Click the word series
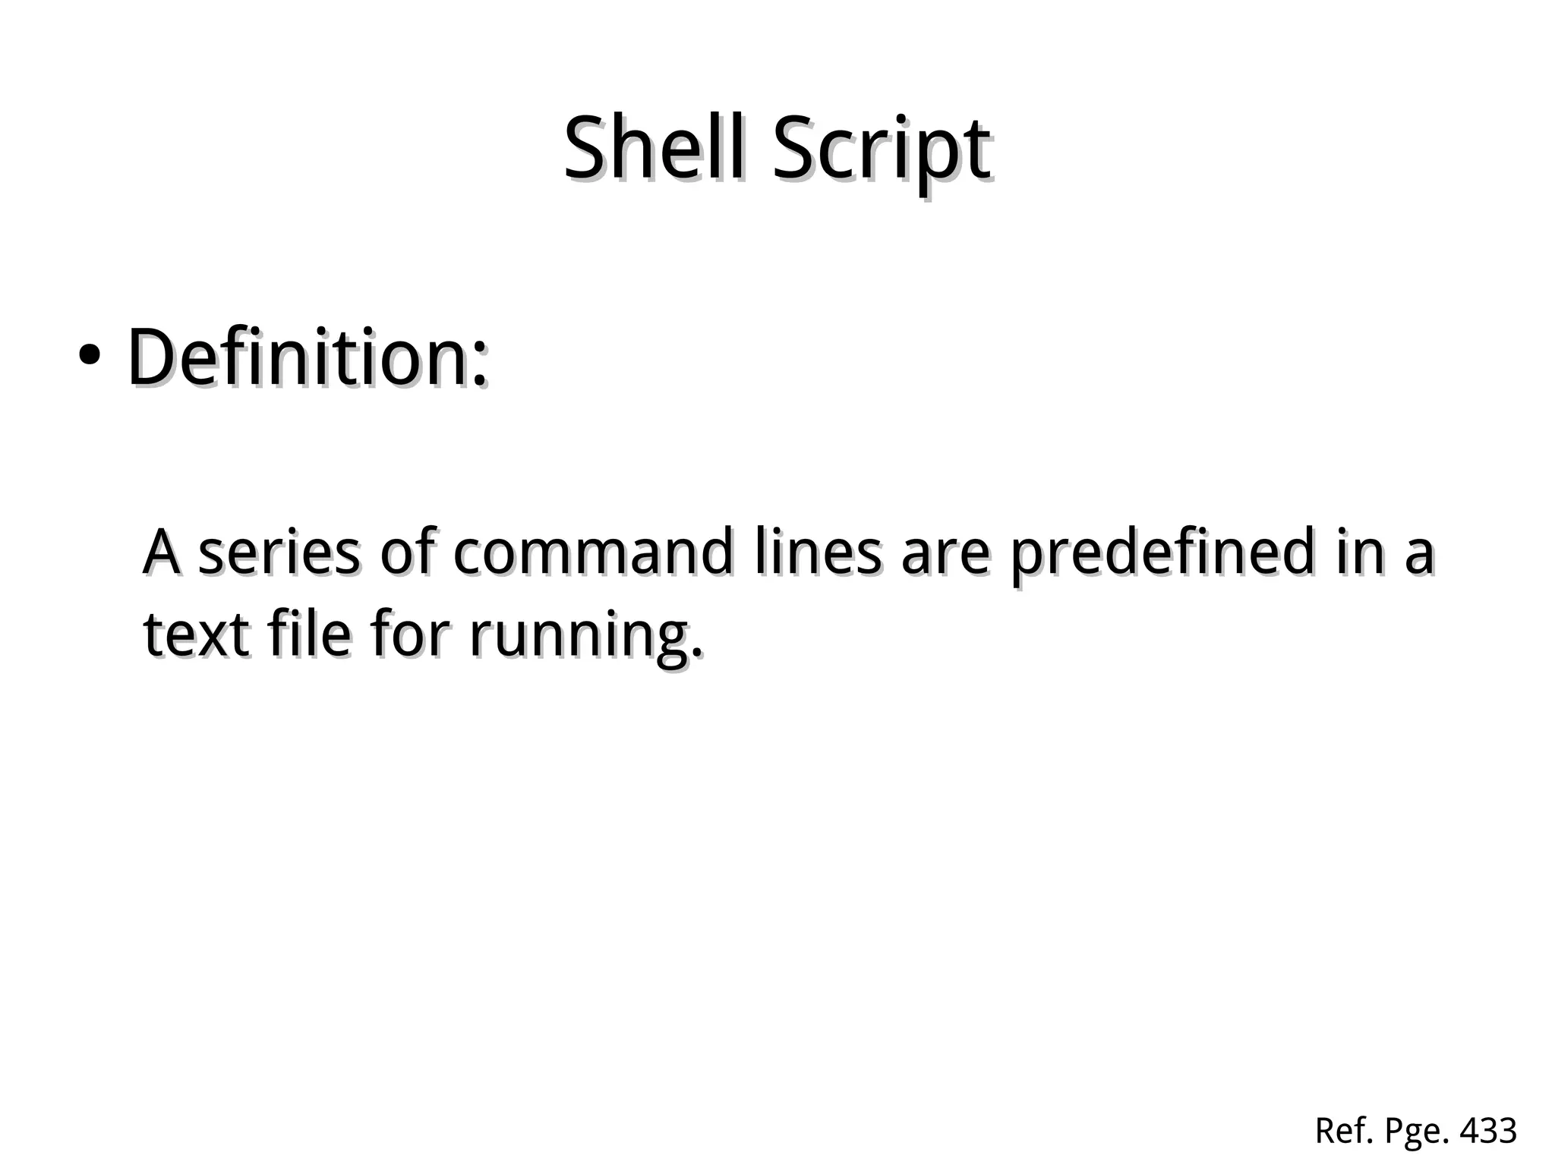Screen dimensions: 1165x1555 click(x=279, y=553)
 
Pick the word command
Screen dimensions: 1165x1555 click(x=593, y=553)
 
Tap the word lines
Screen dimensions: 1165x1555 click(x=819, y=553)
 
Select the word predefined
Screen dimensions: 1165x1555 click(x=1162, y=553)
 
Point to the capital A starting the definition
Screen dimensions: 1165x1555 click(x=162, y=553)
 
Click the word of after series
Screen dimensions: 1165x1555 click(x=407, y=553)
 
